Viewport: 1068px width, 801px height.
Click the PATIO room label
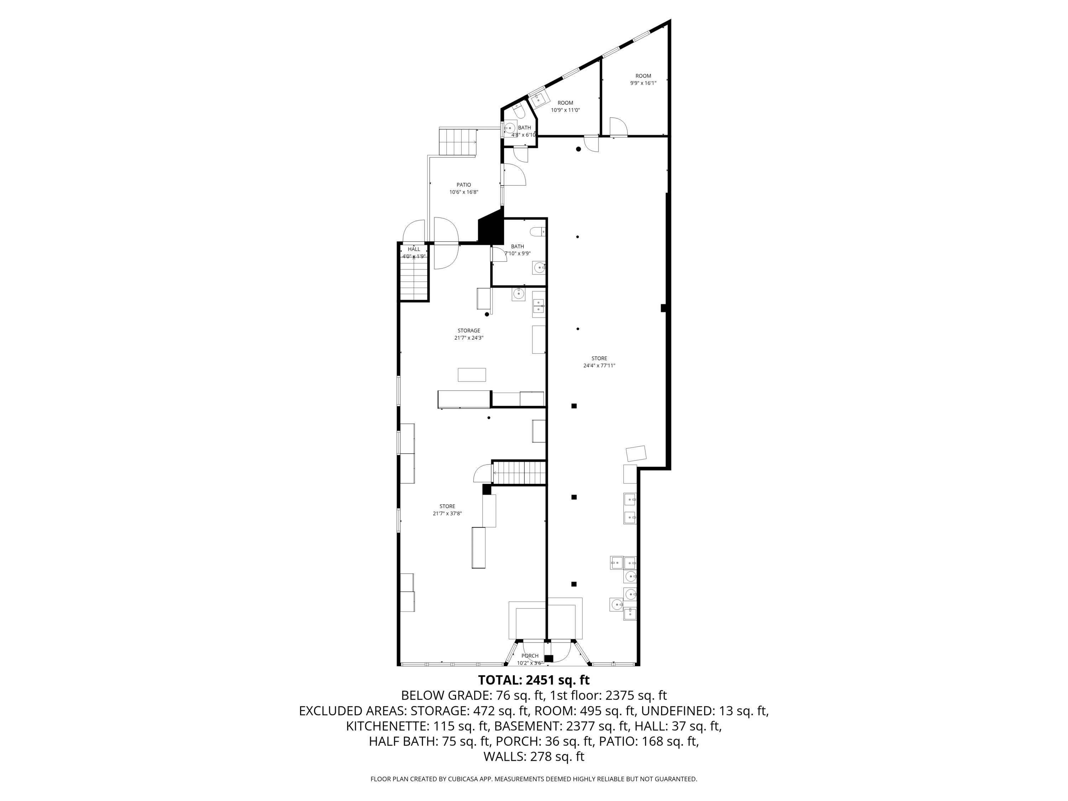(464, 185)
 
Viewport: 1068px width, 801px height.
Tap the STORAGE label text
(469, 331)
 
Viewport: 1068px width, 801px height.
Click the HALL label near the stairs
(414, 249)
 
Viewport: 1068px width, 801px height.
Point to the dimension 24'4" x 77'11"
(599, 366)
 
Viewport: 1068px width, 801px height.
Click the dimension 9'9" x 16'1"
(643, 83)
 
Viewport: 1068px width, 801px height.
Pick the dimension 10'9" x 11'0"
(565, 110)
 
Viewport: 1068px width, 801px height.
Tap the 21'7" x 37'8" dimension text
(447, 514)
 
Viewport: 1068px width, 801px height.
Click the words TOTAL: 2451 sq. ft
(534, 680)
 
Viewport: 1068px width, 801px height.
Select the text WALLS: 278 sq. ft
(534, 756)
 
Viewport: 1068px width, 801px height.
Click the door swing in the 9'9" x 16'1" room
(618, 126)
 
